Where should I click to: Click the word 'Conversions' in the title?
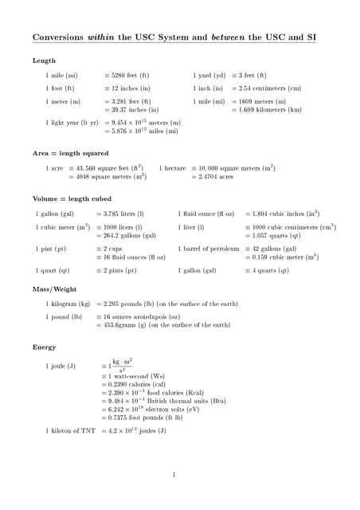coord(57,37)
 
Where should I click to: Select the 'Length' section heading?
coord(44,61)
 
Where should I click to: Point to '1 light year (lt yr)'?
coord(72,123)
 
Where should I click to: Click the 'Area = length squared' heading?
coord(70,153)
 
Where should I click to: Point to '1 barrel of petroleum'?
coord(209,249)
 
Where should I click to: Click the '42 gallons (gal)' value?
coord(273,249)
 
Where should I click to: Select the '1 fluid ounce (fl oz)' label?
coord(205,214)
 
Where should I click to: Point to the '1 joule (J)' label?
coord(61,366)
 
